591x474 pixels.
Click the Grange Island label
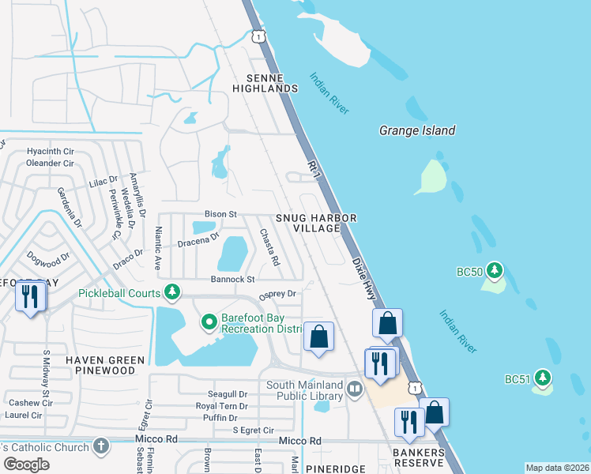tap(417, 130)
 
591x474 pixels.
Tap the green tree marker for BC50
tap(495, 271)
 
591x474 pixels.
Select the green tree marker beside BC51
tap(542, 378)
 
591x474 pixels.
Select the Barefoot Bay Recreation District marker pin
tap(209, 322)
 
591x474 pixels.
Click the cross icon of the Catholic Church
tap(100, 446)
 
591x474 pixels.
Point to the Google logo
tap(26, 465)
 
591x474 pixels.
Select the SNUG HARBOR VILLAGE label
tap(316, 223)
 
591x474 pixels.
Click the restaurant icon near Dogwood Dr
tap(31, 297)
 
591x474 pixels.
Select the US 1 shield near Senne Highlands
tap(258, 36)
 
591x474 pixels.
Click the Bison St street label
tap(221, 213)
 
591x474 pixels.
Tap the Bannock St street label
tap(232, 279)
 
